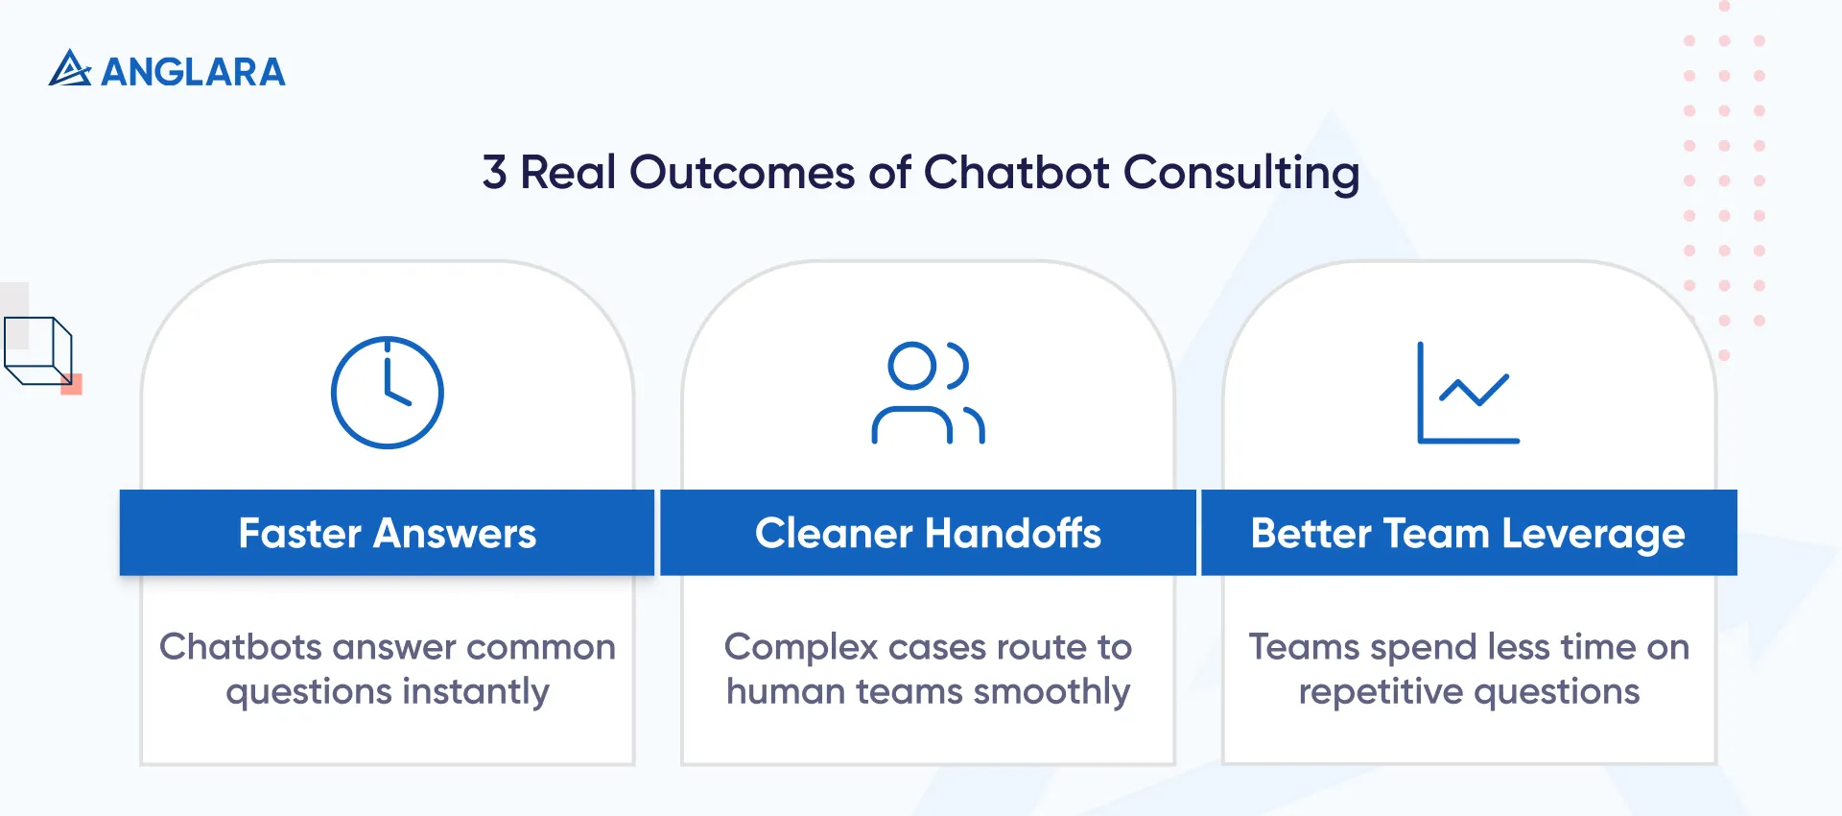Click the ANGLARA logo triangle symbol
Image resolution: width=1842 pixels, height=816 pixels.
click(69, 69)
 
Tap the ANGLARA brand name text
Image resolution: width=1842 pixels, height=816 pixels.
click(193, 72)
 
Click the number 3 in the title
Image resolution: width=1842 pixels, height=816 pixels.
click(494, 173)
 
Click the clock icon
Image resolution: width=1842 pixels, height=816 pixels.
click(388, 392)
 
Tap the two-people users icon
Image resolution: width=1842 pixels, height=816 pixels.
click(928, 393)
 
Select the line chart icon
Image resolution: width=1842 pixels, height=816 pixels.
click(1468, 393)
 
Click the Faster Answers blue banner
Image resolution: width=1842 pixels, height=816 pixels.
click(387, 533)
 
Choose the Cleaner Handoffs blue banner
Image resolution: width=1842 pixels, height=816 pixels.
click(928, 533)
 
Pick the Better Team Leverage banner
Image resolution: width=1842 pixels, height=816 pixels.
click(1469, 533)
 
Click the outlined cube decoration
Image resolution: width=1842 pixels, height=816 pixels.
click(38, 350)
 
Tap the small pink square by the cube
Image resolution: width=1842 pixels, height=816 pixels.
click(72, 385)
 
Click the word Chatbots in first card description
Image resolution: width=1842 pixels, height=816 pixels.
click(240, 647)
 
